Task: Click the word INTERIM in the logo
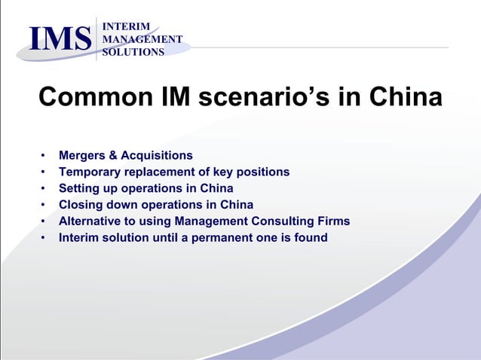click(124, 26)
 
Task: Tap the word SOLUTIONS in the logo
click(133, 52)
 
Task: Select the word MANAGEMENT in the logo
click(142, 39)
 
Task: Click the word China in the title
click(403, 98)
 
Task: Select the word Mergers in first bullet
click(82, 155)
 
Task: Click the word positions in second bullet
click(262, 172)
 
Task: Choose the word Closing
click(80, 205)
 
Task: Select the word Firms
click(334, 221)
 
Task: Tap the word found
click(311, 238)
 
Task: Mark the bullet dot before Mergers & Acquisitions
click(44, 156)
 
